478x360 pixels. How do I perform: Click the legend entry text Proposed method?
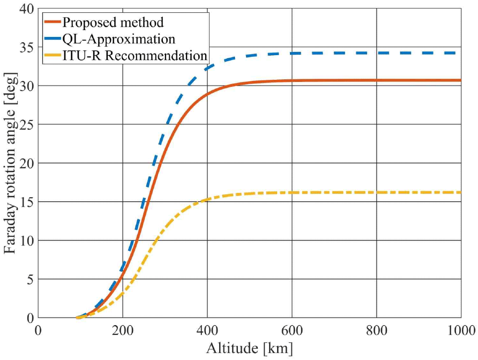pos(113,22)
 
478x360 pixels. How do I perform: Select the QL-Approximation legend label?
pos(118,39)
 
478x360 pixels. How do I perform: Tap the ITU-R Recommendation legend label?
pos(135,55)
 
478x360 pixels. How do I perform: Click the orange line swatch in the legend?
pos(53,22)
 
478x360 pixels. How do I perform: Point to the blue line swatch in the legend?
pos(53,39)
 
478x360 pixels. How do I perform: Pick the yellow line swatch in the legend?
pos(53,55)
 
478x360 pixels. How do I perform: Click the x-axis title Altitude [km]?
pos(249,349)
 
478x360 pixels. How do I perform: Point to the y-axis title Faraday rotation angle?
pos(9,163)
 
